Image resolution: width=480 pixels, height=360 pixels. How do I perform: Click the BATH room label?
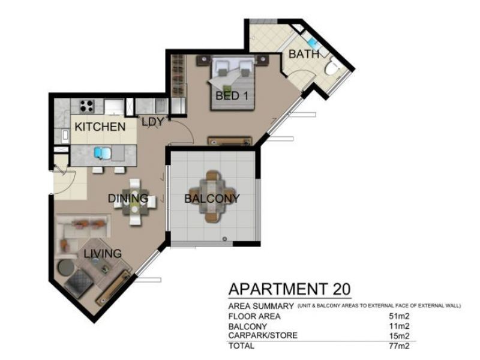click(304, 54)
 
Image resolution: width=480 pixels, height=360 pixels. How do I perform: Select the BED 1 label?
click(232, 96)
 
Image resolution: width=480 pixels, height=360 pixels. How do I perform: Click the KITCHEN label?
click(100, 127)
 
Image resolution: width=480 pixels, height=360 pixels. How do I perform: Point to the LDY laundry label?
click(153, 122)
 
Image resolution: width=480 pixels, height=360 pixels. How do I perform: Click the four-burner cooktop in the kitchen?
click(86, 106)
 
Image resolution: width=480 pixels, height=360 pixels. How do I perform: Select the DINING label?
click(128, 199)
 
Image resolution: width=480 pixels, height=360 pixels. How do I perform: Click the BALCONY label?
click(212, 199)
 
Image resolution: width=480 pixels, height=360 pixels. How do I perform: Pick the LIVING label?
click(103, 253)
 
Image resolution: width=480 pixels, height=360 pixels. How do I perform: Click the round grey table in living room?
click(66, 267)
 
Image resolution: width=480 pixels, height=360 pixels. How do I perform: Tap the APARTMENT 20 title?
click(290, 289)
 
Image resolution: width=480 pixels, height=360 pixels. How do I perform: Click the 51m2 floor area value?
click(399, 316)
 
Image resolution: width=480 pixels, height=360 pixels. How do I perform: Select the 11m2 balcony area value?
click(399, 326)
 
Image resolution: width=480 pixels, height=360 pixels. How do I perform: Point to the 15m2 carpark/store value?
click(399, 336)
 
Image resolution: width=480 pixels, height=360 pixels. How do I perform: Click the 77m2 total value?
click(399, 346)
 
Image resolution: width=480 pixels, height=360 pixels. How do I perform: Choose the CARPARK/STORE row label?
click(263, 335)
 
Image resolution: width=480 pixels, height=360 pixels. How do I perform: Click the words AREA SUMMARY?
click(261, 306)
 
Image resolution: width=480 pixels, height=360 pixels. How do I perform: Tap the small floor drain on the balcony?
click(225, 238)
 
